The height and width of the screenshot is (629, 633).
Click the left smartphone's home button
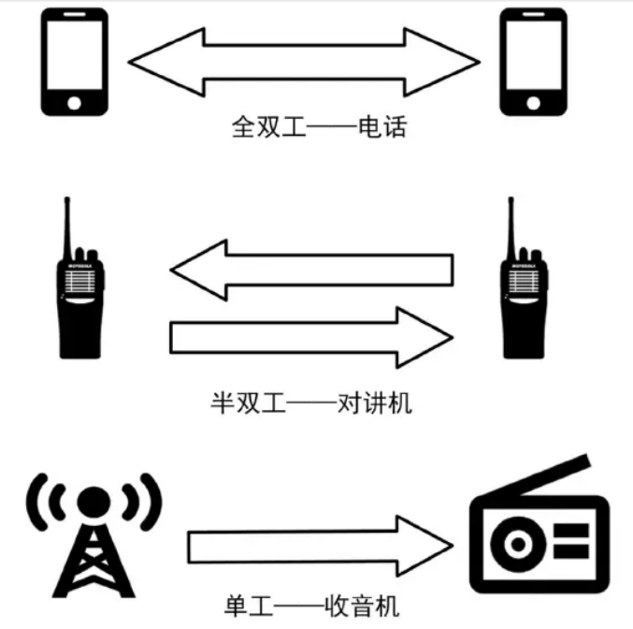click(x=74, y=103)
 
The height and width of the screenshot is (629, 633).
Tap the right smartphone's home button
click(x=533, y=103)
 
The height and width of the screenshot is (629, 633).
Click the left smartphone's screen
click(x=75, y=55)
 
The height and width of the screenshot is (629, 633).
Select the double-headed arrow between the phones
click(x=304, y=63)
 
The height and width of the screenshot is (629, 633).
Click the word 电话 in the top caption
click(x=382, y=127)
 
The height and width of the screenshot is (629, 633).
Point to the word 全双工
click(x=268, y=127)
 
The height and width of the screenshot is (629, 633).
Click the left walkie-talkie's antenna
click(x=68, y=228)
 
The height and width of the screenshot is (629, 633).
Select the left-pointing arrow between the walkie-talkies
click(x=311, y=270)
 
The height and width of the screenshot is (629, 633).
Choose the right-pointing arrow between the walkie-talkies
click(x=311, y=338)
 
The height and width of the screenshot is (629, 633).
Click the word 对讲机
click(x=375, y=403)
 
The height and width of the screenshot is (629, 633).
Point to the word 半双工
click(x=248, y=403)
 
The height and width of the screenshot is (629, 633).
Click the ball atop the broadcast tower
click(x=94, y=503)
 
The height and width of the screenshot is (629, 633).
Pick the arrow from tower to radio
click(x=321, y=546)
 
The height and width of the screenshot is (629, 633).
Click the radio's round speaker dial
click(x=518, y=544)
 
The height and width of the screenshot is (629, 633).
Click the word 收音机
click(x=362, y=606)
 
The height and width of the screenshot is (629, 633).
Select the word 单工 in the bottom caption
click(x=249, y=606)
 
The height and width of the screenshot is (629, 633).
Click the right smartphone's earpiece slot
click(x=533, y=15)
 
